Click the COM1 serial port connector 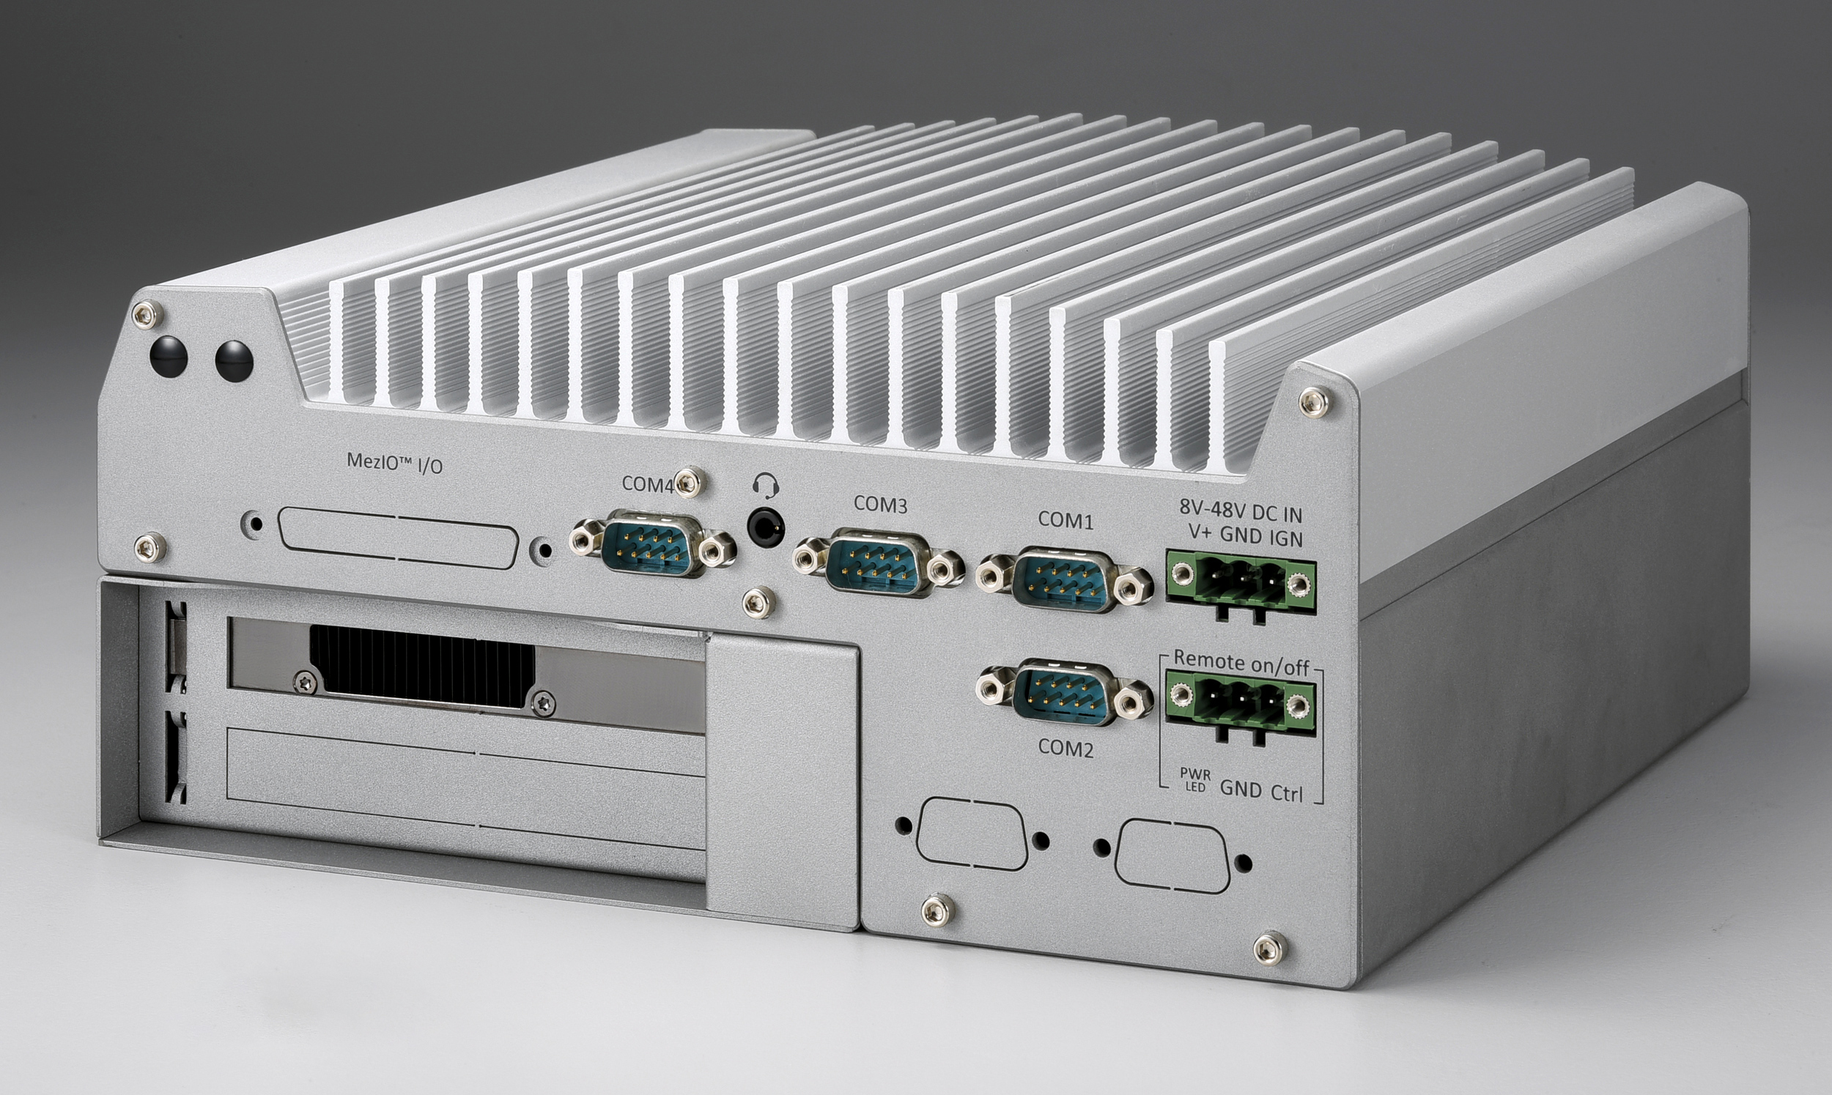click(1064, 580)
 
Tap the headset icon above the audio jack click(766, 486)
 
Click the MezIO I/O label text click(394, 462)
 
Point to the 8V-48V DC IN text click(1240, 511)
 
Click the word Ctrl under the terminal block click(1287, 794)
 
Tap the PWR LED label click(1194, 780)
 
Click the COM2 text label click(1065, 749)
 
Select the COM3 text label click(880, 505)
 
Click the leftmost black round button click(169, 357)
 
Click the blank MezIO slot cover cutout click(399, 537)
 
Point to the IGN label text click(1286, 538)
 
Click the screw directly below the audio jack click(758, 602)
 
